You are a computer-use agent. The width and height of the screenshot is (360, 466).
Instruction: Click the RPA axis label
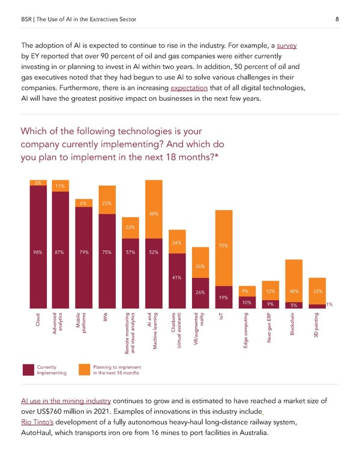click(106, 316)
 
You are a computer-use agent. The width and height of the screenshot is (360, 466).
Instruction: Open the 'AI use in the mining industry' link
click(65, 401)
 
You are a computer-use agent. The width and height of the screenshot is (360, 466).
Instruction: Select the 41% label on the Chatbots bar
click(177, 277)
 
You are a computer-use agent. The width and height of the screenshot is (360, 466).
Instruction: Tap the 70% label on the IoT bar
click(223, 246)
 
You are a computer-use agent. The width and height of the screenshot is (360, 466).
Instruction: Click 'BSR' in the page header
click(28, 20)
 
